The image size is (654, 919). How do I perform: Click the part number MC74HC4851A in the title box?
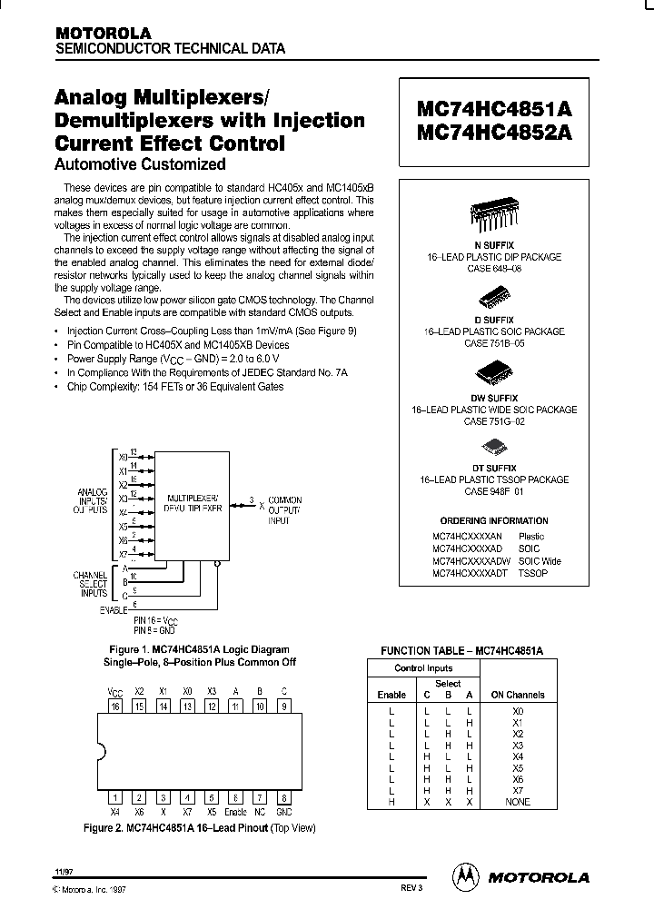(x=495, y=109)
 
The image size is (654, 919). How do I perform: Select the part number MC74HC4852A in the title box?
(x=495, y=133)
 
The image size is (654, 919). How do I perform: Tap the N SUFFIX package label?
(x=494, y=245)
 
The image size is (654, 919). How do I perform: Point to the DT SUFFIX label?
(x=494, y=468)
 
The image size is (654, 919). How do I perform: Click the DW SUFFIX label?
(x=494, y=398)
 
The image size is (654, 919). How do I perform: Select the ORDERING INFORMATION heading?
(x=494, y=521)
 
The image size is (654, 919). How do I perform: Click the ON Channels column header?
(x=518, y=695)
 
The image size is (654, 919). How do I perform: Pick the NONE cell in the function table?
(x=518, y=802)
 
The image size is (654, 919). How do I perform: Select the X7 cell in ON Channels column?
(x=518, y=790)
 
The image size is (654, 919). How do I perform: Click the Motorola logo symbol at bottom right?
(x=466, y=876)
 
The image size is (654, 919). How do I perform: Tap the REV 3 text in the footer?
(x=411, y=887)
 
